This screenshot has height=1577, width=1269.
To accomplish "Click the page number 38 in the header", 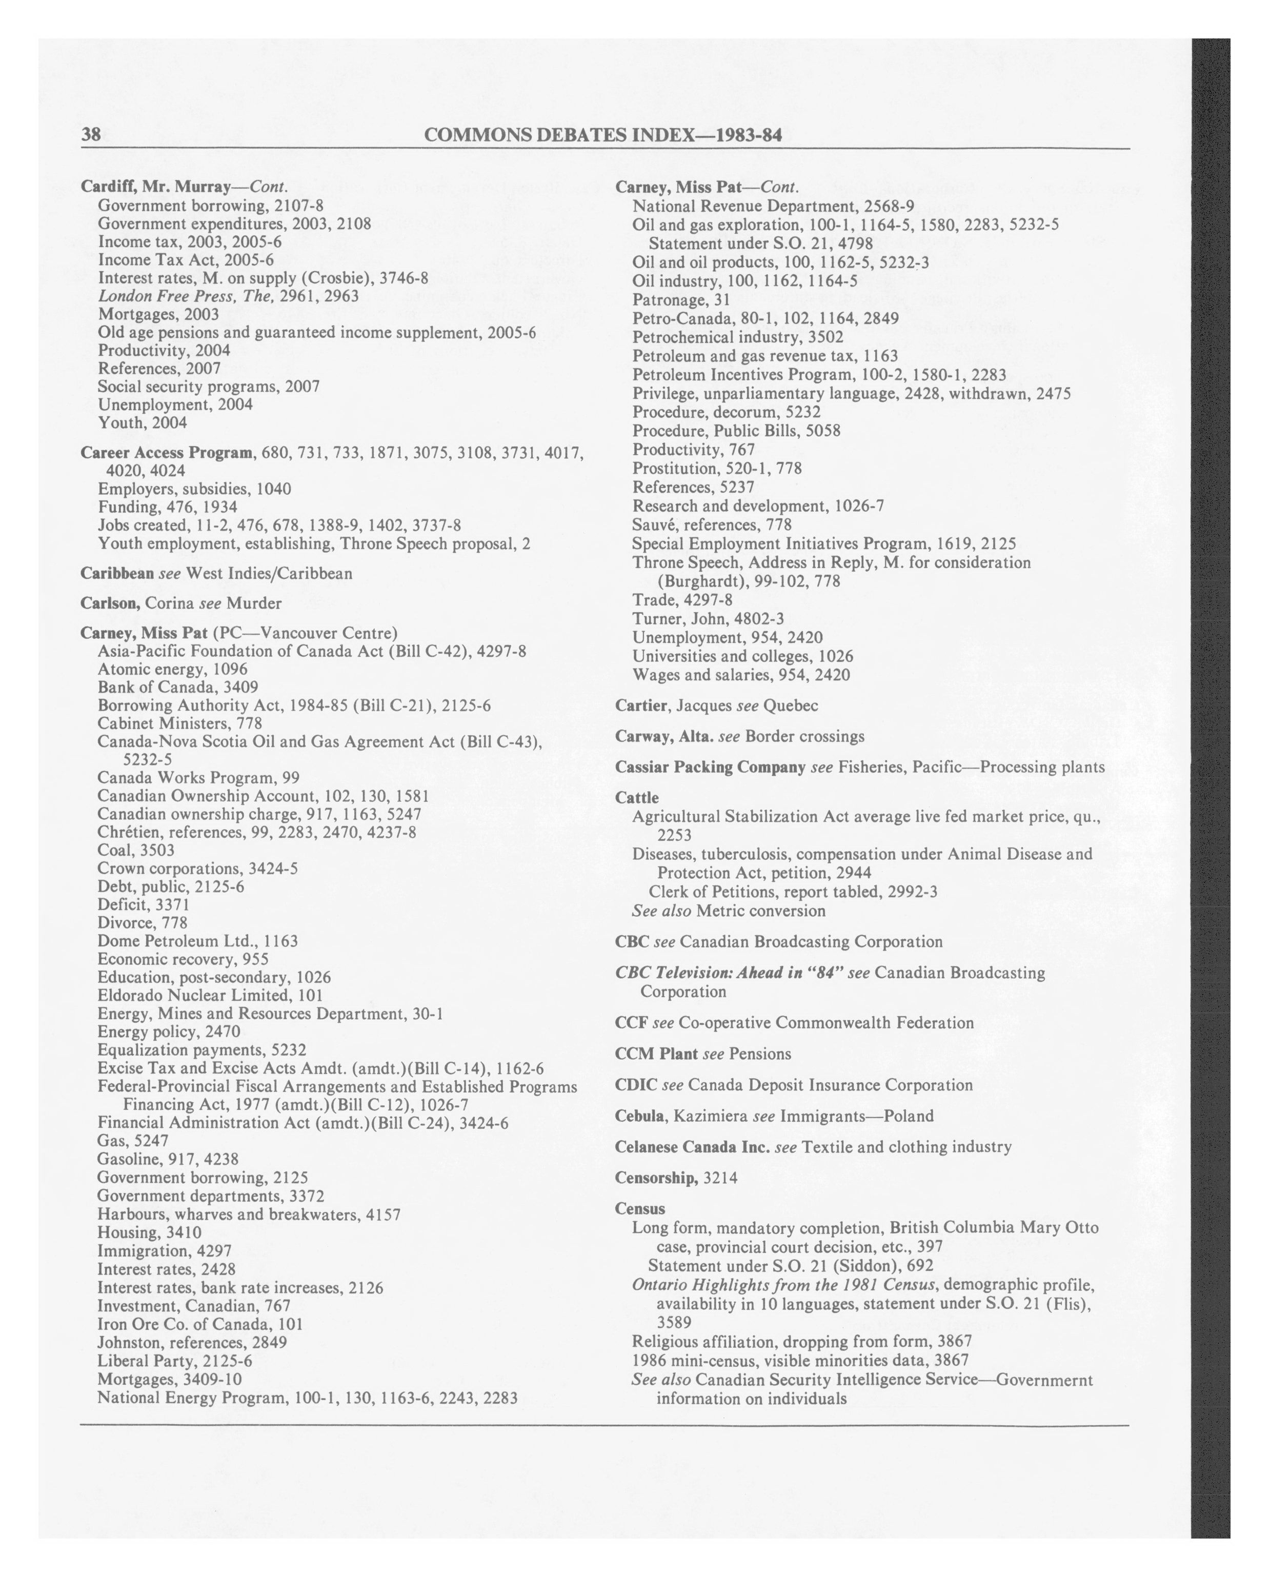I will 91,135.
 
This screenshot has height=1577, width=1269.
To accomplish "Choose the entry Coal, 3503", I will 135,850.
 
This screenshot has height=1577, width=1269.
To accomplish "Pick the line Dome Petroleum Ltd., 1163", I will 197,941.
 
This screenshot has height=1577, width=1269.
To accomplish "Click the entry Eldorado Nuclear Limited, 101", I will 210,996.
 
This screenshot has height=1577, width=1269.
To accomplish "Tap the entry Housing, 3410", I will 149,1232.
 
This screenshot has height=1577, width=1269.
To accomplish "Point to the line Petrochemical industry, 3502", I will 737,337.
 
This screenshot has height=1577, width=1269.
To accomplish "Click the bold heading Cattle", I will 637,797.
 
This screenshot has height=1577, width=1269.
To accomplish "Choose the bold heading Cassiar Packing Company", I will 710,767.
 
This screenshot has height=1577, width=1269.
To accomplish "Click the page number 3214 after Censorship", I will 720,1178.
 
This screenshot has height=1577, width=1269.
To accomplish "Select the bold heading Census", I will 640,1208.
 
